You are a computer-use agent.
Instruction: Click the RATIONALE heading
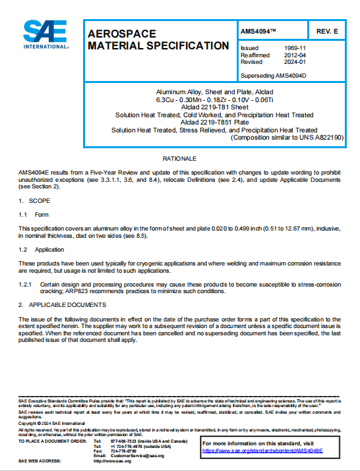tap(179, 159)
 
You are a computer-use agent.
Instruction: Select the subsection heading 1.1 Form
tap(33, 214)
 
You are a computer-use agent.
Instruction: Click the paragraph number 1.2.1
tap(25, 283)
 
